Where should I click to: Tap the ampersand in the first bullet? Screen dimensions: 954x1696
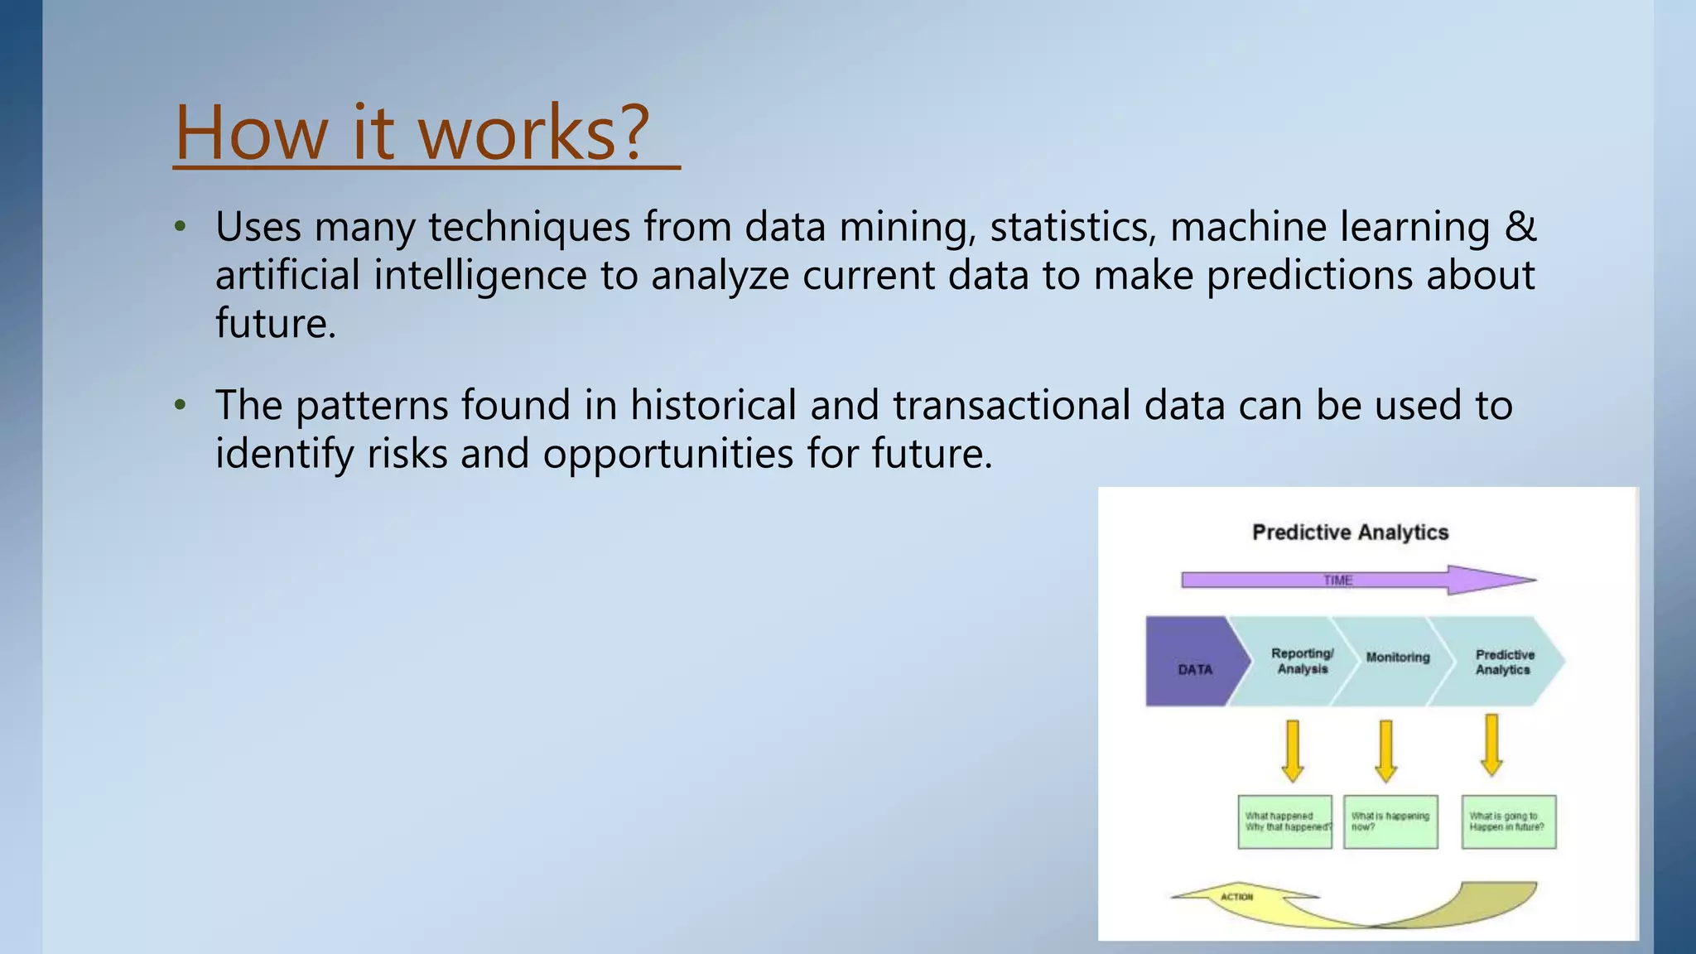click(x=1520, y=226)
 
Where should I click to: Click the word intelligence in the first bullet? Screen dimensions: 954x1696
click(x=480, y=275)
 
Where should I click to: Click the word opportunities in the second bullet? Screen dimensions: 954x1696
click(x=667, y=453)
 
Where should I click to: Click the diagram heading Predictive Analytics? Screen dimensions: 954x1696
click(x=1350, y=532)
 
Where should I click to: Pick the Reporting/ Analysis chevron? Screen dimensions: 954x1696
click(x=1302, y=661)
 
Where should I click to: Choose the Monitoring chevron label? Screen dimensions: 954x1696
click(x=1398, y=657)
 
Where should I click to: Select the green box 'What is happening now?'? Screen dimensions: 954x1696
click(x=1390, y=821)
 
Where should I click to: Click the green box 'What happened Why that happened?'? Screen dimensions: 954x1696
click(x=1284, y=821)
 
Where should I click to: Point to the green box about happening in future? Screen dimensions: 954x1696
click(x=1508, y=821)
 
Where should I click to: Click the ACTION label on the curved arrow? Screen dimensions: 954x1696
click(x=1236, y=897)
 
